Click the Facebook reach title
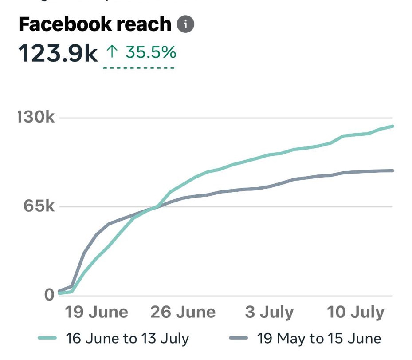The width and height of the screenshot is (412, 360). point(94,25)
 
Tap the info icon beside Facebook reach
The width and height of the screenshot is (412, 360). point(185,25)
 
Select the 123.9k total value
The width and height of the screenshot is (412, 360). point(58,54)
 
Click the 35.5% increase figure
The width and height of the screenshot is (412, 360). point(150,53)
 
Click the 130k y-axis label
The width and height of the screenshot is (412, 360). point(36,118)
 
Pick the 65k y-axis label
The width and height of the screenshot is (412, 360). point(39,207)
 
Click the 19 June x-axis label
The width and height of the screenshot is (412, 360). point(97,312)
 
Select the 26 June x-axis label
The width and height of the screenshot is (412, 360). point(183,312)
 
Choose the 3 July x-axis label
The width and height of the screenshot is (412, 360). point(269,312)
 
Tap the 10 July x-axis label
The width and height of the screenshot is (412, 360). point(356,312)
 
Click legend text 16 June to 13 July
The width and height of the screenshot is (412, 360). point(127,339)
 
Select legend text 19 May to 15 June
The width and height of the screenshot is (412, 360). point(319,339)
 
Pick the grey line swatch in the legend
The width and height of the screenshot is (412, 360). point(238,339)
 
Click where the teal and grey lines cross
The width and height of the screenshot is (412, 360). point(156,206)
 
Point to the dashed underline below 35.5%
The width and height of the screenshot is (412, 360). point(138,68)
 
